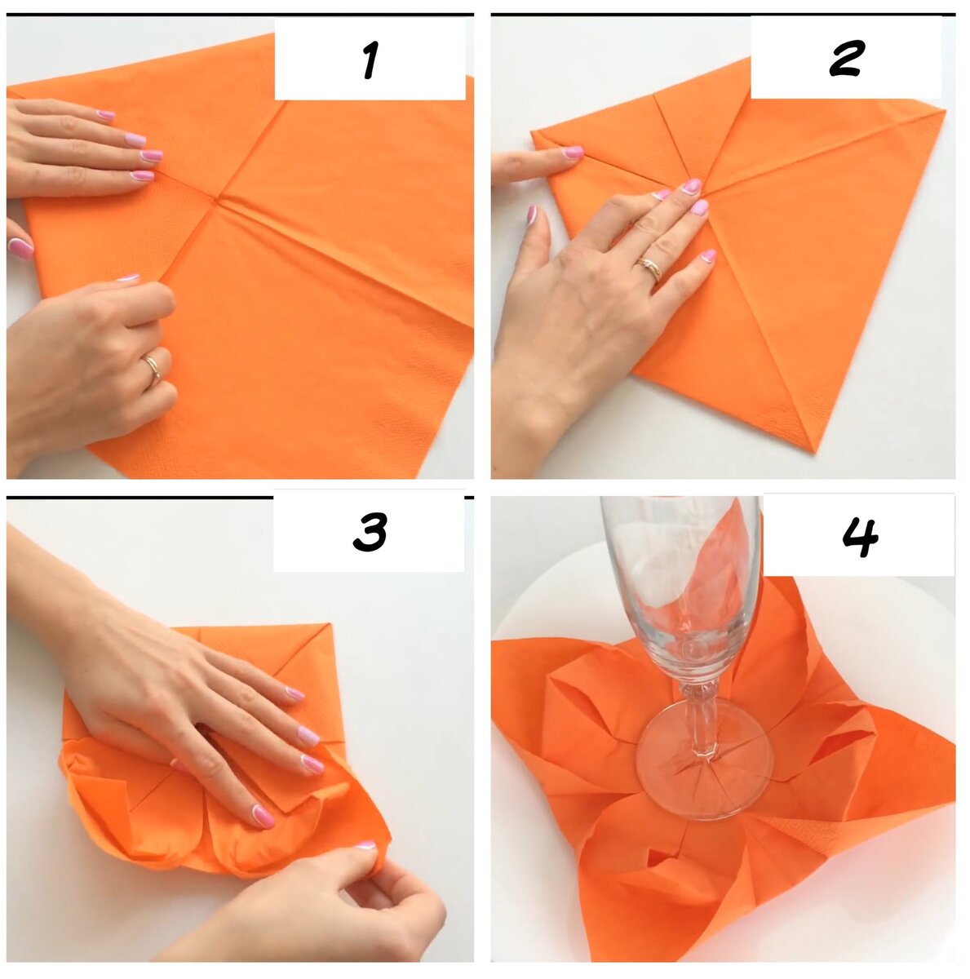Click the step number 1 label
click(371, 60)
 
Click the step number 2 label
click(846, 59)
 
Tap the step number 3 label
click(370, 531)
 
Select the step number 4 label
click(860, 538)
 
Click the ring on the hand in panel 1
click(153, 370)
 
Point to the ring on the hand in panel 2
click(650, 268)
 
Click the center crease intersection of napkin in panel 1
click(218, 200)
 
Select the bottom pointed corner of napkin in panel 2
click(816, 450)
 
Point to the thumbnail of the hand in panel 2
click(531, 215)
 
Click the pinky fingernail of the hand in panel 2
click(708, 255)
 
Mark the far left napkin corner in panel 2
click(533, 134)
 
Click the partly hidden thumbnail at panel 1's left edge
click(20, 248)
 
